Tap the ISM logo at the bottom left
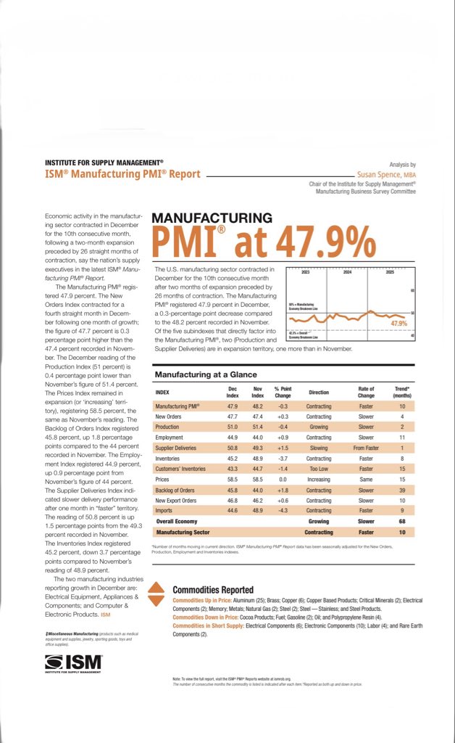[x=73, y=662]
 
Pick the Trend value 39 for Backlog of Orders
[x=402, y=490]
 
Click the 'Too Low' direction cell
[x=319, y=469]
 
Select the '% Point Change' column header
[x=282, y=392]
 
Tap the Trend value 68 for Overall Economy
[x=402, y=522]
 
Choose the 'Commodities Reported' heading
[x=213, y=589]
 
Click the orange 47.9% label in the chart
[x=398, y=322]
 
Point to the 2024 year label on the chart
[x=347, y=272]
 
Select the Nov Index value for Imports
[x=257, y=511]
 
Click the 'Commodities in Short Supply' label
[x=207, y=625]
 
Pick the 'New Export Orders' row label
[x=177, y=501]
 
